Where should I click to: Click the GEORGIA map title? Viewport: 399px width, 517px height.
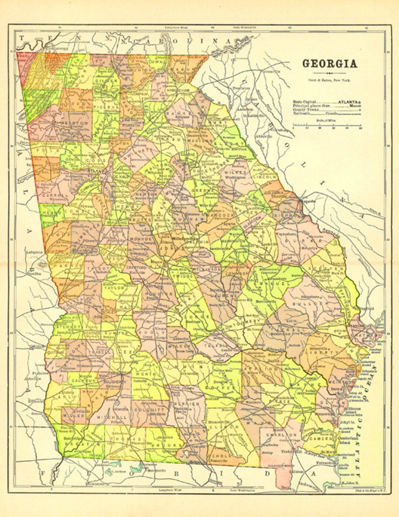(330, 64)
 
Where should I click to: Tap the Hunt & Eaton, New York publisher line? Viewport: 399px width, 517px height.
(330, 80)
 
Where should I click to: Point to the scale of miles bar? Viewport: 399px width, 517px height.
(327, 126)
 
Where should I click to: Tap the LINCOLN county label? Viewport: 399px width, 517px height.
(265, 177)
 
